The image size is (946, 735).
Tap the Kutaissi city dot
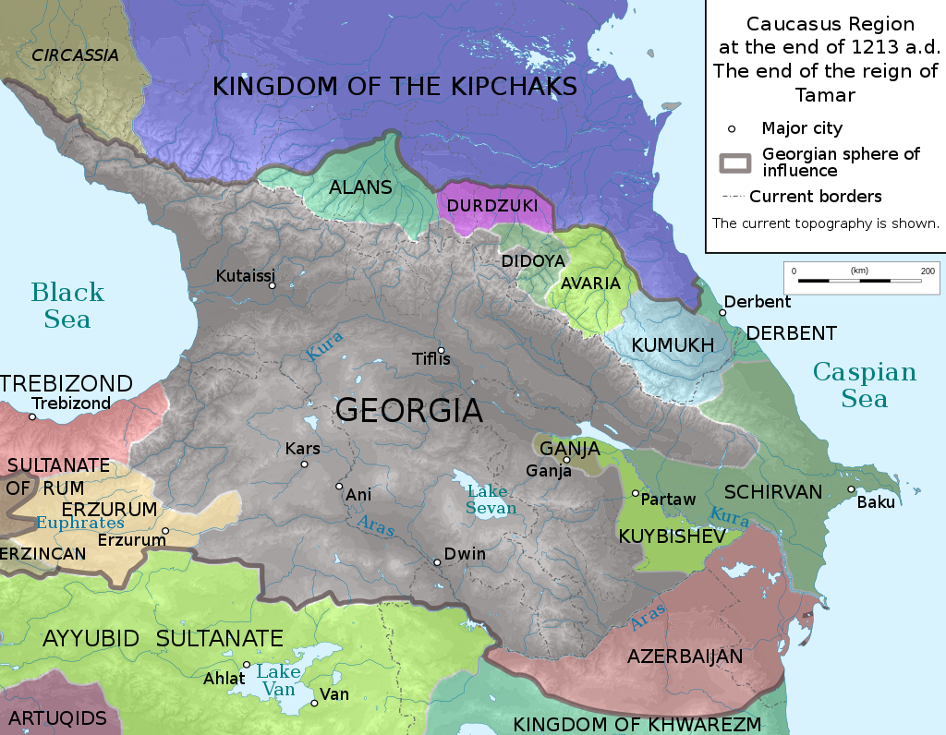tap(273, 285)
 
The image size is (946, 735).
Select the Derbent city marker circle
tap(722, 312)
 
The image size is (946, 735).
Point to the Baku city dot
tap(851, 489)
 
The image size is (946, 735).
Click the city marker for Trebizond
tap(32, 416)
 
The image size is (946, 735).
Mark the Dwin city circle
tap(437, 561)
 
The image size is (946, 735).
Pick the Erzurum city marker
tap(165, 531)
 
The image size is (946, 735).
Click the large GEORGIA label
tap(408, 410)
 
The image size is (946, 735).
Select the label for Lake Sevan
tap(491, 500)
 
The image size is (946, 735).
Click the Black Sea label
tap(67, 306)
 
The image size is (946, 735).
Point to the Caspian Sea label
tap(864, 385)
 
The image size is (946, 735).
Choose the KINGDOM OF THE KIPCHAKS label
tap(394, 86)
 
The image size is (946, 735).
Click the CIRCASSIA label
tap(75, 55)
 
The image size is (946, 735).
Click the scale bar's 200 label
tap(927, 271)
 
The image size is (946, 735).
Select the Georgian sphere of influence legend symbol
tap(736, 161)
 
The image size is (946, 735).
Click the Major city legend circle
tap(732, 128)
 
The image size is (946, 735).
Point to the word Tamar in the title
tap(825, 94)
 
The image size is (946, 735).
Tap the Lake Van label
tap(276, 681)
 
